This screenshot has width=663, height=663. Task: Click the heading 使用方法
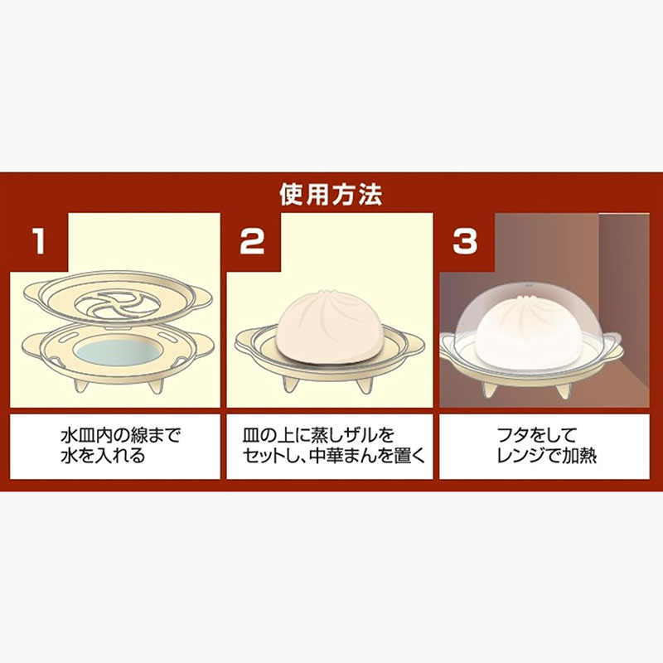click(x=331, y=195)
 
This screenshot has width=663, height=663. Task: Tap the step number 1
click(x=39, y=241)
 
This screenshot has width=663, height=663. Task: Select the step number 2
click(x=253, y=241)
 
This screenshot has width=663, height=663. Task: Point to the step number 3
click(x=465, y=241)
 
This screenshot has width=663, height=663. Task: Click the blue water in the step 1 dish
click(x=119, y=351)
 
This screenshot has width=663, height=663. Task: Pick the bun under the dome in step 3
click(x=530, y=330)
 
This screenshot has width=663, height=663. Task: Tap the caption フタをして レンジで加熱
click(x=546, y=446)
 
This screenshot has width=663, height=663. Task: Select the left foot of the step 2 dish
click(x=291, y=384)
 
